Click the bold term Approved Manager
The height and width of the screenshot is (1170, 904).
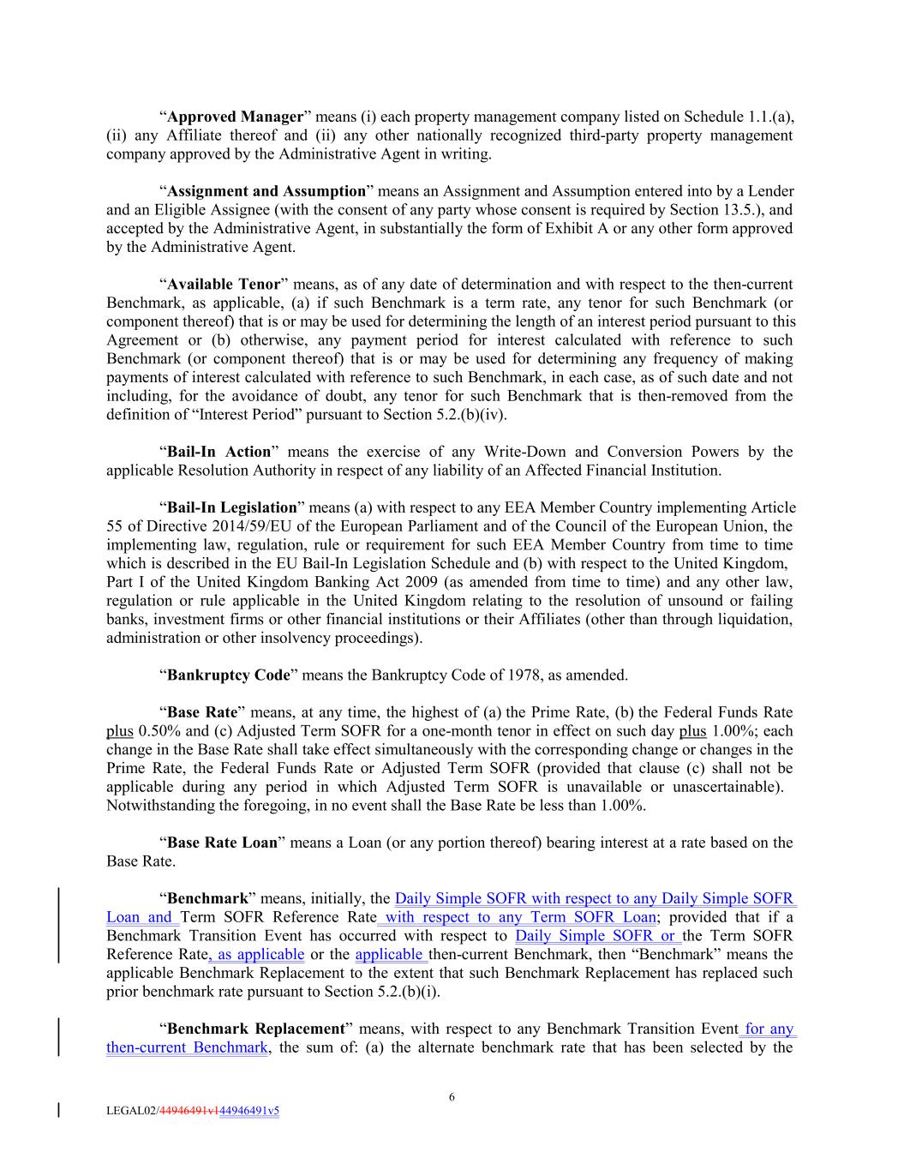236,117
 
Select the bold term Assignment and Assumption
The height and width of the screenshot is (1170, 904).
266,191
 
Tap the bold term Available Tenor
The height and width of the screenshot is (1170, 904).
224,284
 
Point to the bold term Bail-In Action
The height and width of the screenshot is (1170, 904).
219,452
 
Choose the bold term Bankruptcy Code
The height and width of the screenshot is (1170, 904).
228,675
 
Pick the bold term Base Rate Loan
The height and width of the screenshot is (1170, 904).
222,842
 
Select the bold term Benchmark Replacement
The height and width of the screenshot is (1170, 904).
255,1029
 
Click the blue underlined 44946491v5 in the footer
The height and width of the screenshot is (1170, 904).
249,1111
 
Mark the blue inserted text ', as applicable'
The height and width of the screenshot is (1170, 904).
256,954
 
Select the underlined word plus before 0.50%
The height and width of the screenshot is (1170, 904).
119,731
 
